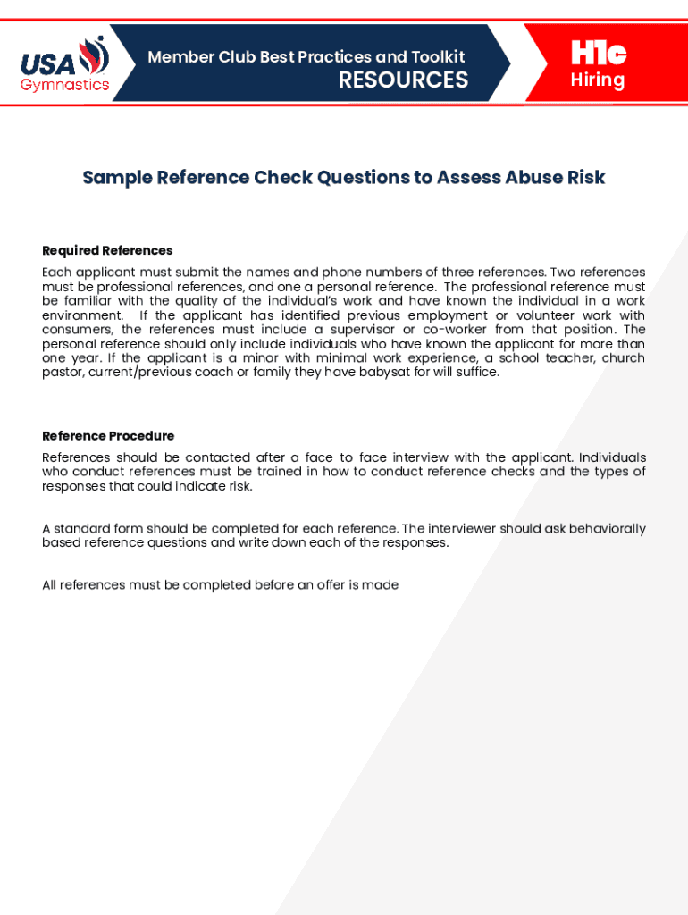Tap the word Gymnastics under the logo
[65, 86]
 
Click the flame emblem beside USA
[94, 58]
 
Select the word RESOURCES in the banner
[403, 80]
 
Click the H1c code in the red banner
[598, 54]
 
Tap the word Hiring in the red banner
[598, 80]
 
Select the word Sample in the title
[117, 177]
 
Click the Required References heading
[107, 250]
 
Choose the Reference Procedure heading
[108, 436]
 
